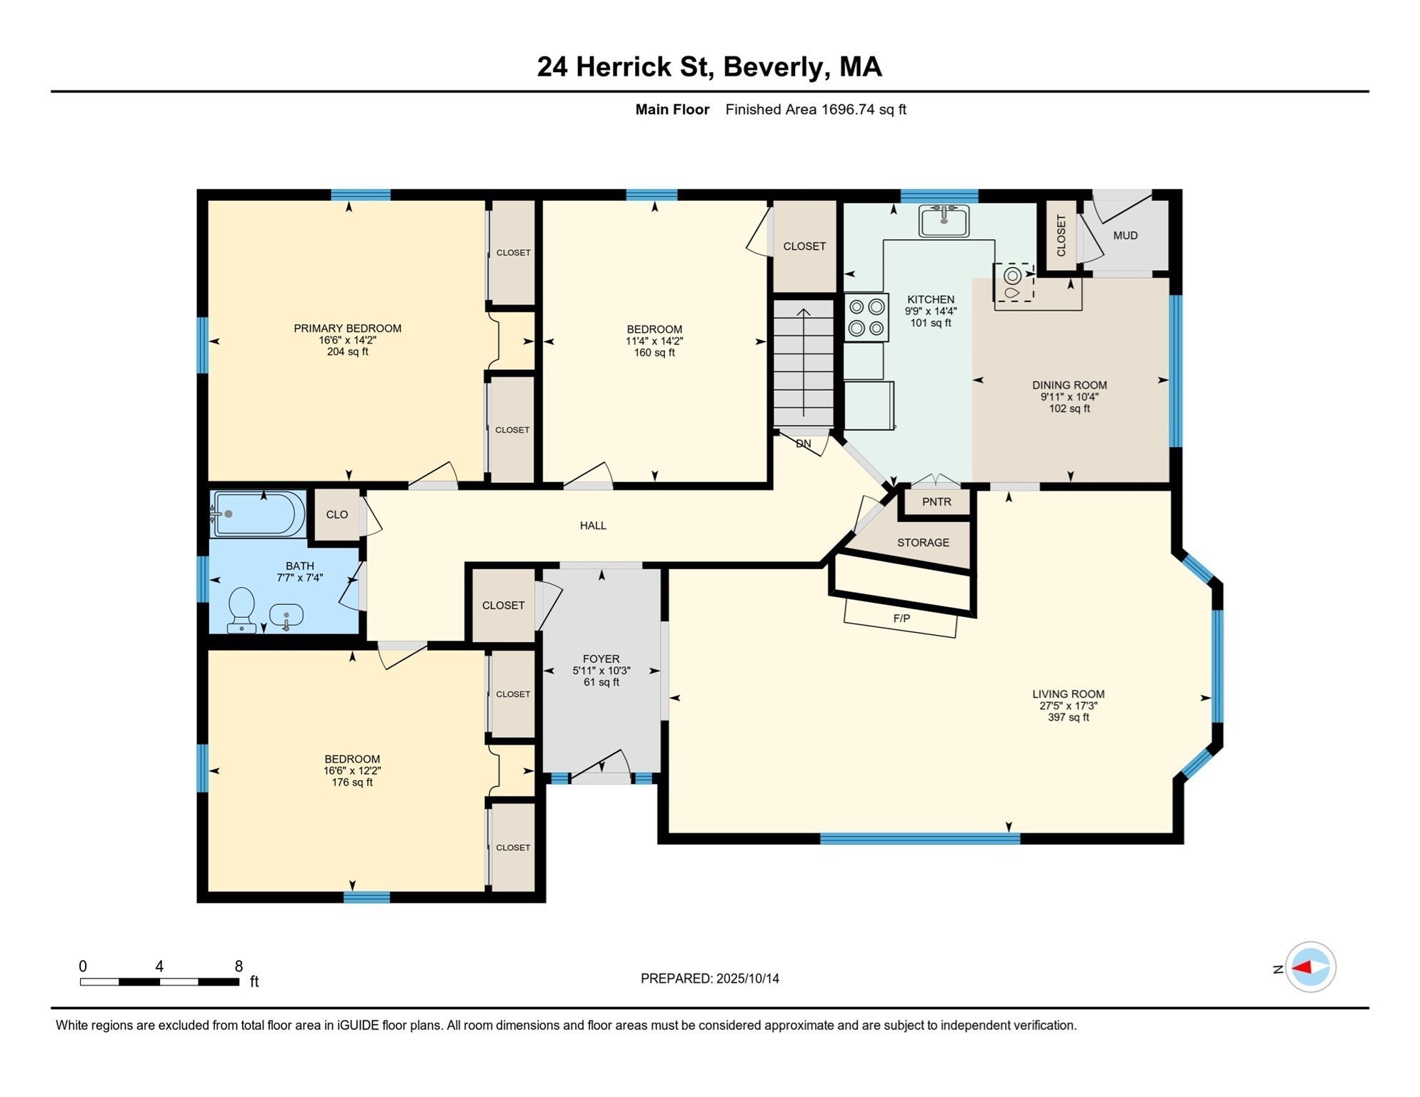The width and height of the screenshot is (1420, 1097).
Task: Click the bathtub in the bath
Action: point(259,514)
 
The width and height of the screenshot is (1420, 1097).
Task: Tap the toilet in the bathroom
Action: point(241,609)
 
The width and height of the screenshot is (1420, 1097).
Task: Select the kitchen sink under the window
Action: point(944,220)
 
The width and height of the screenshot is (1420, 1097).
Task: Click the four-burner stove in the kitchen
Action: point(866,318)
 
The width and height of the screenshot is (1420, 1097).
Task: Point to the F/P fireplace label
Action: point(901,618)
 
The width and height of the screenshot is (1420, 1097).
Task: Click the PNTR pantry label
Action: point(936,502)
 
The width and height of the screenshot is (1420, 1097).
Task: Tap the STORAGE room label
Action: point(923,543)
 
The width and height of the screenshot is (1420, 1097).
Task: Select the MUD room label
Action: point(1125,236)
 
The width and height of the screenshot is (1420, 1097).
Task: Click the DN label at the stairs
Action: point(804,444)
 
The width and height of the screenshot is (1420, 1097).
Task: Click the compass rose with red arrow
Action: point(1310,968)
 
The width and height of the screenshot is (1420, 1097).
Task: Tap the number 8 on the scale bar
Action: point(239,966)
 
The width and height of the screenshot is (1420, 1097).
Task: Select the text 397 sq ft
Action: point(1068,717)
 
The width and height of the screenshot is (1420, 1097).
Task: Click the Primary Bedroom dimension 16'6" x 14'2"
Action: point(347,340)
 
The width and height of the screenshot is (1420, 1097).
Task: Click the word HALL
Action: point(593,526)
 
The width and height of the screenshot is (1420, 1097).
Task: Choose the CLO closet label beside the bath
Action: point(337,515)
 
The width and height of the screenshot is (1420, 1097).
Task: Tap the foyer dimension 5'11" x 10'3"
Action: point(601,671)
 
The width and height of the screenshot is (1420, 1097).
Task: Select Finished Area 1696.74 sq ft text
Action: point(816,109)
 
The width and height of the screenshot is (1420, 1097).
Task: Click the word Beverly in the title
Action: point(776,66)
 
